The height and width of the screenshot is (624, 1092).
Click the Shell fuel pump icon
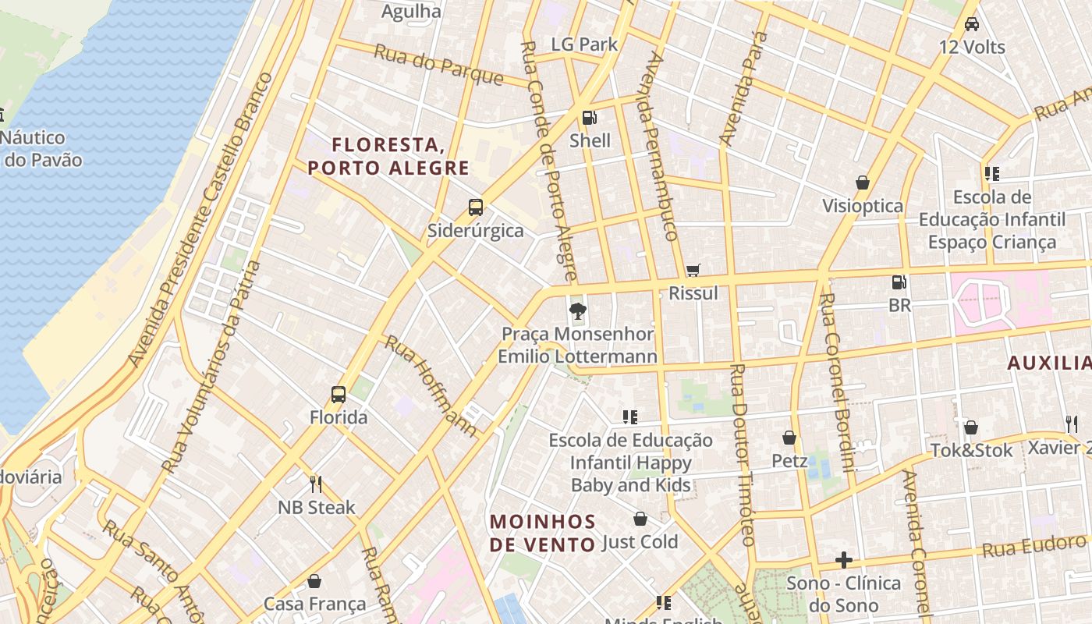[590, 118]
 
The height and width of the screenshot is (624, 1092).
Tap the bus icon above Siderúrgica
[475, 207]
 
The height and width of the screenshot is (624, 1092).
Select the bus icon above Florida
[338, 395]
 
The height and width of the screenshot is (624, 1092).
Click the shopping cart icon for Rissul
[693, 271]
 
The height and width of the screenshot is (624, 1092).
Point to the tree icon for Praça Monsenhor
[577, 312]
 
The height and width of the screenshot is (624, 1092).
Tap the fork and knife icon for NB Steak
[316, 484]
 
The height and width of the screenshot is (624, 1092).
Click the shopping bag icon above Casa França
[314, 581]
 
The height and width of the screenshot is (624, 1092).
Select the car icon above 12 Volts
[971, 24]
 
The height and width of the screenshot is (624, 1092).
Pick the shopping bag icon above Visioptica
[862, 183]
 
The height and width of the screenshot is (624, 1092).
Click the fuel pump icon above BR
[899, 282]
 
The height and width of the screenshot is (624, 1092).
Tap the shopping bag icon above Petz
[789, 438]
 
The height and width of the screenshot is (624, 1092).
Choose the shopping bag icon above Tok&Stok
[970, 427]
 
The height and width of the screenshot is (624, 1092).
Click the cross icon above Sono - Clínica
[843, 560]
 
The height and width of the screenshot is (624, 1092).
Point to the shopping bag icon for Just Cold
[640, 519]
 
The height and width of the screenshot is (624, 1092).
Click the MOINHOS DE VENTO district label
[543, 533]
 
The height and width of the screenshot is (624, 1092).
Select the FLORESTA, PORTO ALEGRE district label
[388, 156]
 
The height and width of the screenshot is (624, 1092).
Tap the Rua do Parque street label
[438, 64]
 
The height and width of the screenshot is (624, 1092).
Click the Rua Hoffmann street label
[431, 386]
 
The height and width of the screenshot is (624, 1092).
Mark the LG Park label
[584, 44]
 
